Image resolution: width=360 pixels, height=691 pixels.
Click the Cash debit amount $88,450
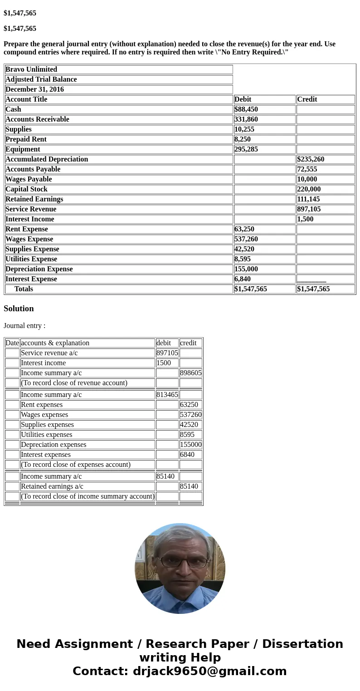click(x=246, y=109)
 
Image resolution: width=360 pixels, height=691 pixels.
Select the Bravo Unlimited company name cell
click(x=31, y=69)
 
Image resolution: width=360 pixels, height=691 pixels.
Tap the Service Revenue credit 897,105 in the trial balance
click(x=309, y=209)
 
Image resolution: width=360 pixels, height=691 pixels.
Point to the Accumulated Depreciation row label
click(x=47, y=159)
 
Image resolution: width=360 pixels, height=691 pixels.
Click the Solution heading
click(x=19, y=309)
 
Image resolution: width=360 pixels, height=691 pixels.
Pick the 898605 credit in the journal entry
click(x=190, y=373)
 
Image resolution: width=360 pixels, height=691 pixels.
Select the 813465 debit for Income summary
click(x=167, y=395)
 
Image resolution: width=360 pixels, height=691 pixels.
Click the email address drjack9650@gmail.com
click(x=209, y=671)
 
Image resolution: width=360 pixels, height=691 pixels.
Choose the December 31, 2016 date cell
click(x=34, y=89)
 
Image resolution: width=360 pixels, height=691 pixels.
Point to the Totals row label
click(x=24, y=289)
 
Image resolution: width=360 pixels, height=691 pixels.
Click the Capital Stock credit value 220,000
click(x=309, y=189)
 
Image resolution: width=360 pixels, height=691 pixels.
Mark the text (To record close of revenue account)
click(x=74, y=383)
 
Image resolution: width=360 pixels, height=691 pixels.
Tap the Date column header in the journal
click(x=12, y=343)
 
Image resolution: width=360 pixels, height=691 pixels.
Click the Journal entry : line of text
click(x=24, y=326)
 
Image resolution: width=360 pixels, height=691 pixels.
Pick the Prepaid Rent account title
click(x=26, y=139)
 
